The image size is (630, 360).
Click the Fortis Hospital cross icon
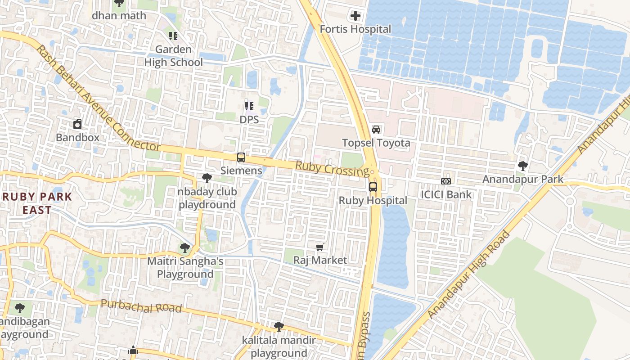tap(355, 16)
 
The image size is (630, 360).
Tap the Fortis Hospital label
tap(355, 29)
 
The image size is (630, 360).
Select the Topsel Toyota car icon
tap(376, 130)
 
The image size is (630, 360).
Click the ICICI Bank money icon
tap(446, 181)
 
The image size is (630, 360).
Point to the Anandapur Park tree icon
tap(523, 166)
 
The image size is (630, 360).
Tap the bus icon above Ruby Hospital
tap(373, 187)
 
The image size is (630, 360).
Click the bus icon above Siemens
tap(241, 157)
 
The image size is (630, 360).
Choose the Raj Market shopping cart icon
tap(320, 247)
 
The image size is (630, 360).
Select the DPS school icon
tap(249, 106)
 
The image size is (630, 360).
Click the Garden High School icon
tap(173, 36)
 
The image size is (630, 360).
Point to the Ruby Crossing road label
tap(332, 169)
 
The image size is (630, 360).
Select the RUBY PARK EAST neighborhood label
tap(37, 203)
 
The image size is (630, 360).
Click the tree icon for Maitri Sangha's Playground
tap(185, 247)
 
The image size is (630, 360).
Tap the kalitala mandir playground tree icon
tap(279, 326)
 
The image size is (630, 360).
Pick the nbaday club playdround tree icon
tap(207, 178)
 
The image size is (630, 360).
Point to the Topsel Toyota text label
tap(376, 143)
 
